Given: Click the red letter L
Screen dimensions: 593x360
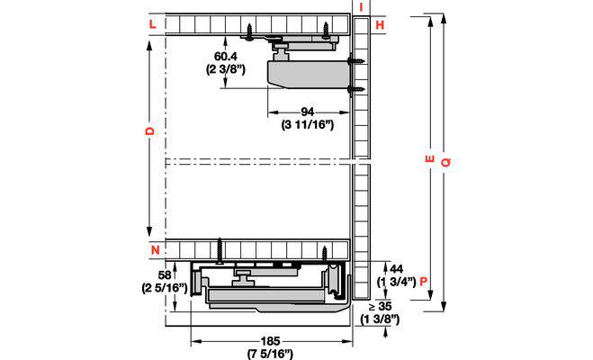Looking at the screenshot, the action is (x=152, y=24).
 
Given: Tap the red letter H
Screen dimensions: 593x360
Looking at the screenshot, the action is (x=380, y=25).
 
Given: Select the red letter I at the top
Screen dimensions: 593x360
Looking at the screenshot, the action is (x=362, y=6).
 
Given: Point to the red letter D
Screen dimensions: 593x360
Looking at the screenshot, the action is (x=150, y=130).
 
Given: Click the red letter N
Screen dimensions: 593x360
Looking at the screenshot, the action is (x=156, y=250).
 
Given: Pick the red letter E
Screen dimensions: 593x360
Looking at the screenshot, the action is (x=429, y=158).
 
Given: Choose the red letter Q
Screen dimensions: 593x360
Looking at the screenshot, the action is (x=446, y=162).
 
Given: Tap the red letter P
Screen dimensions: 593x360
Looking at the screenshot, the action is (x=424, y=282).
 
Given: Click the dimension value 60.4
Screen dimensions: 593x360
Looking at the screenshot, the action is (x=226, y=57).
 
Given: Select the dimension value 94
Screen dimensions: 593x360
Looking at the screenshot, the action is (x=308, y=112).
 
